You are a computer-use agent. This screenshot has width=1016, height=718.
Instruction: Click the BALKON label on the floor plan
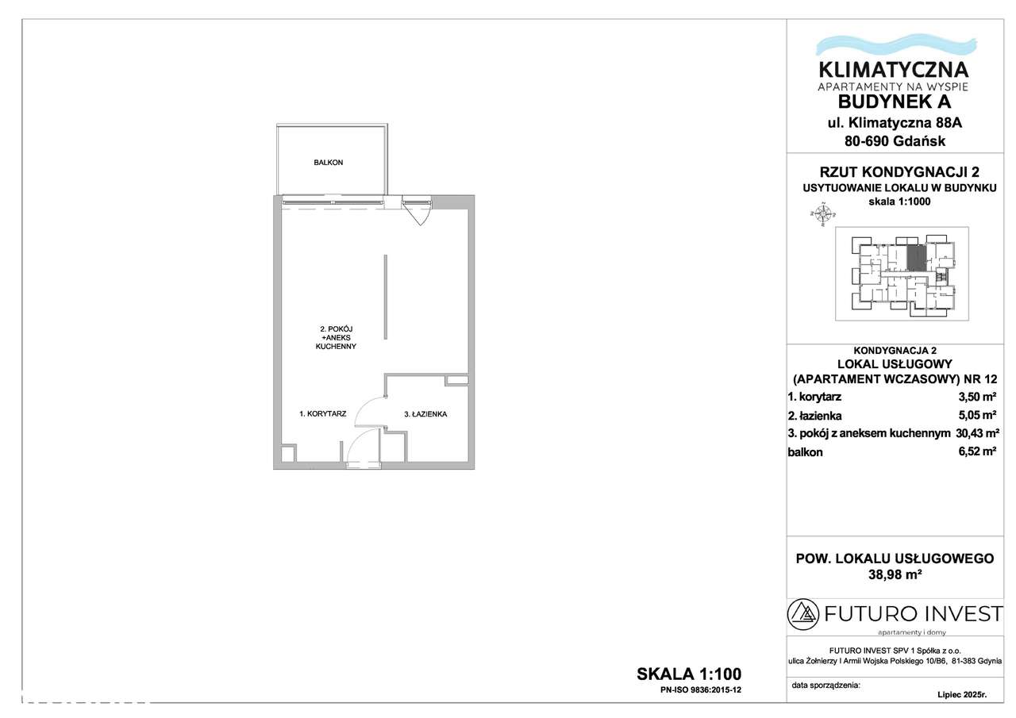328,163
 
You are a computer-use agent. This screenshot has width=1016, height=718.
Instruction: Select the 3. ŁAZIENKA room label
426,413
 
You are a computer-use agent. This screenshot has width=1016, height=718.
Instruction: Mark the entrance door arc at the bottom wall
361,445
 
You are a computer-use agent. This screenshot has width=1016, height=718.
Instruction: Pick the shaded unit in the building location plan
916,259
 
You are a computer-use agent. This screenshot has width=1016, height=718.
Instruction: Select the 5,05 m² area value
977,415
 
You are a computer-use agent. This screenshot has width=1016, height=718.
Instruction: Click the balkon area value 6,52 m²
977,452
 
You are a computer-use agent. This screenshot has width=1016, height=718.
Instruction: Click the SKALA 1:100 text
688,674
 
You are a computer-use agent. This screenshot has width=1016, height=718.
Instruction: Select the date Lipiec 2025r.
961,694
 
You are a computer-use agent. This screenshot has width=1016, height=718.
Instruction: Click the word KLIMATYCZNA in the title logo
894,68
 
